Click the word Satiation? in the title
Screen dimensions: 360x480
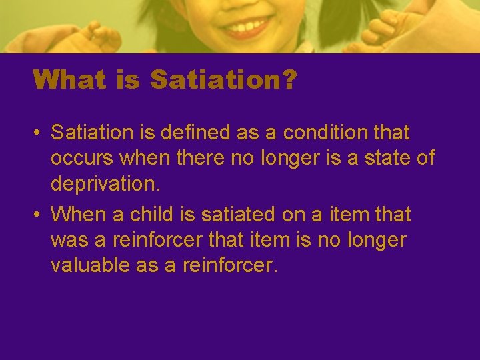click(224, 80)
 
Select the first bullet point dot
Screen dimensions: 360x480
click(38, 133)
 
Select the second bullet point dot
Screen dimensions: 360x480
click(38, 215)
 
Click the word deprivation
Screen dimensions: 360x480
click(103, 183)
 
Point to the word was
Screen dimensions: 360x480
click(67, 240)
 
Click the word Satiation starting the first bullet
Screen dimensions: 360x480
click(92, 133)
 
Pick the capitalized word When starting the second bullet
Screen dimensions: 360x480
click(77, 215)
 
